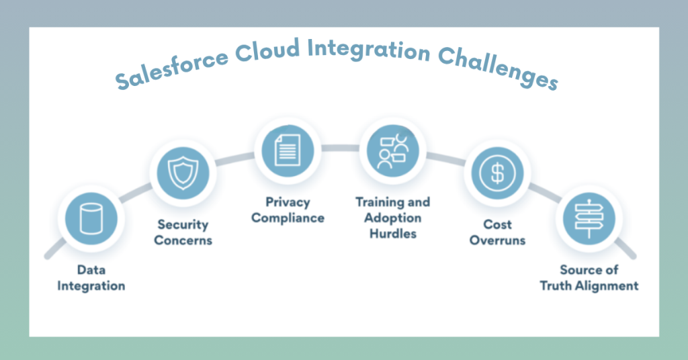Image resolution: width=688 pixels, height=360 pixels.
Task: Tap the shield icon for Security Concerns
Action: click(179, 173)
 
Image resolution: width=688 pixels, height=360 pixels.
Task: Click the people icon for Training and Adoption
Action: click(392, 148)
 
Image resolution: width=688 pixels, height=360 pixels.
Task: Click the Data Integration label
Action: click(91, 278)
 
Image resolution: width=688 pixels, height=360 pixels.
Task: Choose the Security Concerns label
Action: click(183, 232)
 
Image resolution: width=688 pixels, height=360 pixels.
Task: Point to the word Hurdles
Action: click(392, 234)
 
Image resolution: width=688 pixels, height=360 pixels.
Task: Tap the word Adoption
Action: click(393, 218)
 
